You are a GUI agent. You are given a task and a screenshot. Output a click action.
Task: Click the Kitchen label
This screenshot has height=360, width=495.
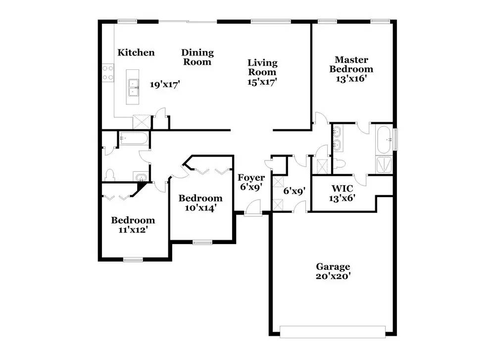(136, 52)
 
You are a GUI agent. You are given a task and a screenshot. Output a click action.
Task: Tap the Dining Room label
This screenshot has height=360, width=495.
(198, 57)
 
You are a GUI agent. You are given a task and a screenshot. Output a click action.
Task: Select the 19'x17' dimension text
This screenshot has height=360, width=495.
(165, 84)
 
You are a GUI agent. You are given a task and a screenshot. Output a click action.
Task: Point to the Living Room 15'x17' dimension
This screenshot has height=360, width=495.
(262, 82)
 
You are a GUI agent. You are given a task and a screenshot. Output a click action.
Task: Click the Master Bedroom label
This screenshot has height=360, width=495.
(351, 64)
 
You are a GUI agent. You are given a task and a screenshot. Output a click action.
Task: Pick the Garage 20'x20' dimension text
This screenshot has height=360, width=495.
(333, 276)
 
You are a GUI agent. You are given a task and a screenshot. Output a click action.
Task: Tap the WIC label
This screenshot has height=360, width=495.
(342, 189)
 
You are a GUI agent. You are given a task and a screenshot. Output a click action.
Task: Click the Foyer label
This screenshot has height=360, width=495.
(251, 177)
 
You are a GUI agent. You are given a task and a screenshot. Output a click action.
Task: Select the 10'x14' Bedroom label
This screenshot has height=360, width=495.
(200, 203)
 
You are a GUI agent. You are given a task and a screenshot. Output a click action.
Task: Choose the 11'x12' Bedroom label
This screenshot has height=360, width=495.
(133, 225)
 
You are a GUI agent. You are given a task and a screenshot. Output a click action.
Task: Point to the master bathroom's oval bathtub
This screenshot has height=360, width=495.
(384, 139)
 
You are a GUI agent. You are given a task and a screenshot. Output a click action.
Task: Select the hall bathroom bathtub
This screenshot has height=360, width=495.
(134, 138)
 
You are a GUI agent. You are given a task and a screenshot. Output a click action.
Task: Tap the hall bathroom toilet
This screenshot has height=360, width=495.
(109, 175)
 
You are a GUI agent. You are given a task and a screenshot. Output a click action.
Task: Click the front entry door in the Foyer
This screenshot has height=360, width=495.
(253, 208)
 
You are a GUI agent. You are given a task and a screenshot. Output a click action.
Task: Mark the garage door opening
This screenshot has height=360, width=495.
(333, 332)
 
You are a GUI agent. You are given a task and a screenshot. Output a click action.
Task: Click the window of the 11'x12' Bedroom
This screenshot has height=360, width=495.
(133, 259)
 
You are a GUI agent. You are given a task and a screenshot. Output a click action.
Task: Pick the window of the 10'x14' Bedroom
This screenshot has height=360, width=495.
(202, 242)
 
